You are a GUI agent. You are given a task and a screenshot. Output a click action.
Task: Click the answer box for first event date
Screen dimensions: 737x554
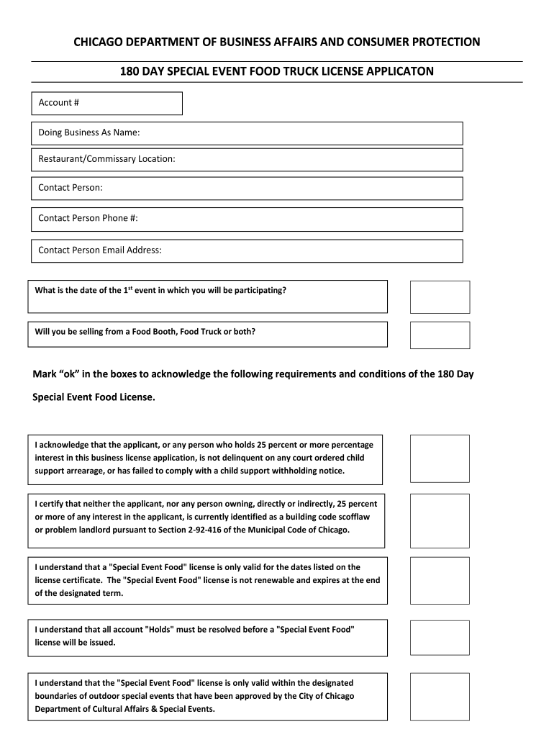pyautogui.click(x=440, y=297)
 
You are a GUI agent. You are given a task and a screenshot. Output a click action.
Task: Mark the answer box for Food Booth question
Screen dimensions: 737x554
pyautogui.click(x=440, y=335)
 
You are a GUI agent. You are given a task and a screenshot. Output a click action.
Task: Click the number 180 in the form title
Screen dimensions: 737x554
pyautogui.click(x=130, y=72)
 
